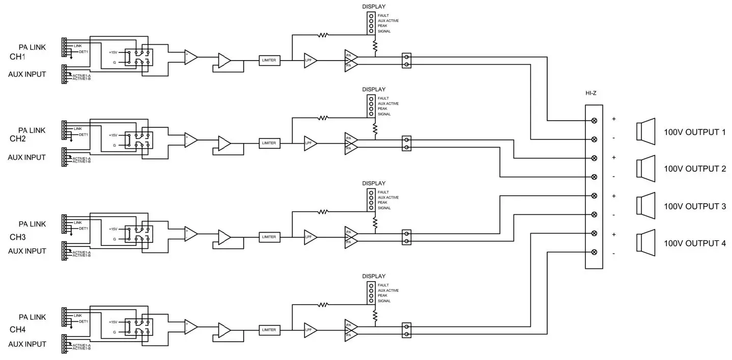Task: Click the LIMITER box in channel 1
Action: click(269, 60)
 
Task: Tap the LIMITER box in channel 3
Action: click(269, 237)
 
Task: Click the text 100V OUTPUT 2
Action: click(694, 169)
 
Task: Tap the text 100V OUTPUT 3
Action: click(694, 206)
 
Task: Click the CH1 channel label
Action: click(18, 57)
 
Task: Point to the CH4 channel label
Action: click(18, 329)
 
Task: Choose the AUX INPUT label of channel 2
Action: click(26, 157)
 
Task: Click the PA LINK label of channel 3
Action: click(32, 224)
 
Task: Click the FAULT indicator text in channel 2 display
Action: click(383, 98)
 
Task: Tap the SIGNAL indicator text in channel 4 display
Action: click(384, 301)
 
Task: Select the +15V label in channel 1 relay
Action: click(112, 52)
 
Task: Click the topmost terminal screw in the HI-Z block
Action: click(594, 121)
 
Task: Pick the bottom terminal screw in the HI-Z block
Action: click(594, 252)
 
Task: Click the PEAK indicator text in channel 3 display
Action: click(383, 203)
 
